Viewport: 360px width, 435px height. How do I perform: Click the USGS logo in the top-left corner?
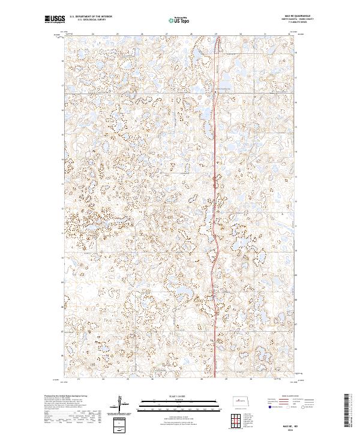coord(55,20)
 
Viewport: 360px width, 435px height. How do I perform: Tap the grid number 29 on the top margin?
coord(215,34)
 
